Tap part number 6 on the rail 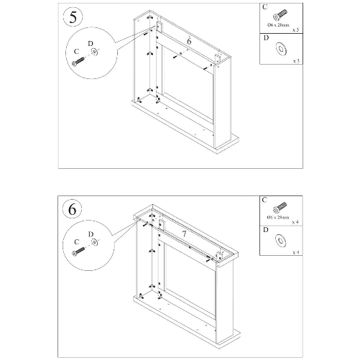(x=188, y=42)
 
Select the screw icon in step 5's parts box (x=277, y=15)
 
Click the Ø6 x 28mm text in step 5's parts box (x=277, y=26)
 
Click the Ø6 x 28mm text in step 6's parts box (x=277, y=216)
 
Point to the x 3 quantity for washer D (x=295, y=62)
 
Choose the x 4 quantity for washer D (x=295, y=253)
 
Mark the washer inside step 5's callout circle (x=97, y=53)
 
